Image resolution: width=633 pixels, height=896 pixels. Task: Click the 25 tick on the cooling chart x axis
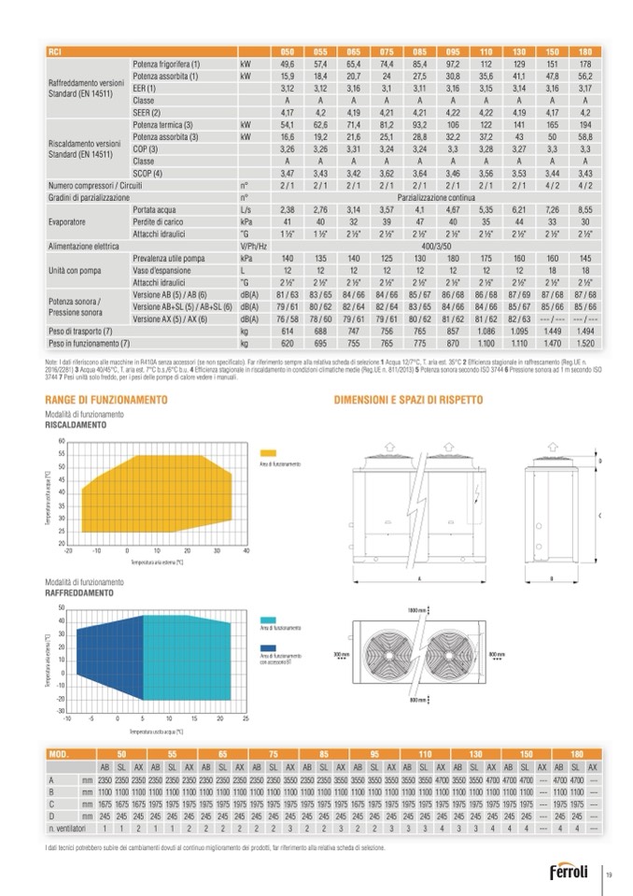pyautogui.click(x=246, y=718)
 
